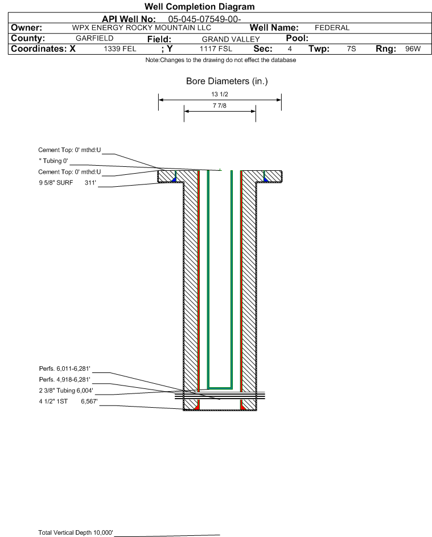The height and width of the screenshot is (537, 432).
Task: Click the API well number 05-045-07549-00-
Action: coord(204,19)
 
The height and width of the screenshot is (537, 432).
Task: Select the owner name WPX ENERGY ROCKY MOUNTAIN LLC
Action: coord(141,28)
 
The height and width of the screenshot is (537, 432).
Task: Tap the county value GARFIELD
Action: coord(94,38)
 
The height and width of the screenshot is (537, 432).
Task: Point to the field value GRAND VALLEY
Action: coord(231,39)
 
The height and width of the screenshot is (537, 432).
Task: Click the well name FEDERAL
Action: coord(332,28)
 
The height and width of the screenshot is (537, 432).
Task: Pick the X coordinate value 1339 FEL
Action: coord(120,49)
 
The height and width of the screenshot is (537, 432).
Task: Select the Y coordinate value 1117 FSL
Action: coord(216,49)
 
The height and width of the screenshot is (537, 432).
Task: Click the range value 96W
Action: coord(413,49)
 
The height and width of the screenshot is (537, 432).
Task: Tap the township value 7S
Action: coord(351,49)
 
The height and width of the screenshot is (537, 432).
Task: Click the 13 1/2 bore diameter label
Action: coord(220,94)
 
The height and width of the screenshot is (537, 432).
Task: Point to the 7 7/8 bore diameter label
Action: coord(220,106)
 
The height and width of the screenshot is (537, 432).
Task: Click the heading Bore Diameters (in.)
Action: coord(227,81)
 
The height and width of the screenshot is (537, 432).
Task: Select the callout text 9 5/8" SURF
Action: coord(56,183)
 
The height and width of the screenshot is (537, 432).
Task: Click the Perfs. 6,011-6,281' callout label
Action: coord(65,369)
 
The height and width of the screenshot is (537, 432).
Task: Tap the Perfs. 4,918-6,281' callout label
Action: coord(65,380)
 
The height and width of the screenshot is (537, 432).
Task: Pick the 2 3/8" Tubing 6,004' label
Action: coord(65,391)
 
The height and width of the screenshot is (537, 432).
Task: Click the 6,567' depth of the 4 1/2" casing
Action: coord(89,401)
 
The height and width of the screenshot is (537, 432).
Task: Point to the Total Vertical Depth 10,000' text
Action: coord(76,532)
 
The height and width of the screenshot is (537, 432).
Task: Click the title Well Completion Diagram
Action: coord(200,6)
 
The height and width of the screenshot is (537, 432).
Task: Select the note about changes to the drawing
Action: coord(221,60)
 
